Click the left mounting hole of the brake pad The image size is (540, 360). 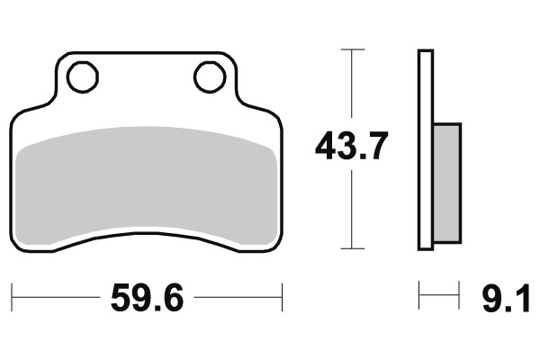(83, 77)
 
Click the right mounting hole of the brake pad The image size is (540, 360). (210, 77)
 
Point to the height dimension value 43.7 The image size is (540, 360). (352, 145)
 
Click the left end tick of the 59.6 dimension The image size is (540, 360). (13, 294)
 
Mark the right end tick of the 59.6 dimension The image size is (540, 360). (283, 294)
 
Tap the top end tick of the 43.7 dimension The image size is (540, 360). (352, 49)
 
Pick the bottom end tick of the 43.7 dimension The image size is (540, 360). (352, 249)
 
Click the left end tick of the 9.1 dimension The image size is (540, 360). (418, 294)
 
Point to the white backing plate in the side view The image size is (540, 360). (425, 148)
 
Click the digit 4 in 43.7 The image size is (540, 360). (326, 145)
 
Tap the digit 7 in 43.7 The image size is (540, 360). (377, 145)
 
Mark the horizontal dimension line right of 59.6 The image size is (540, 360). (238, 294)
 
